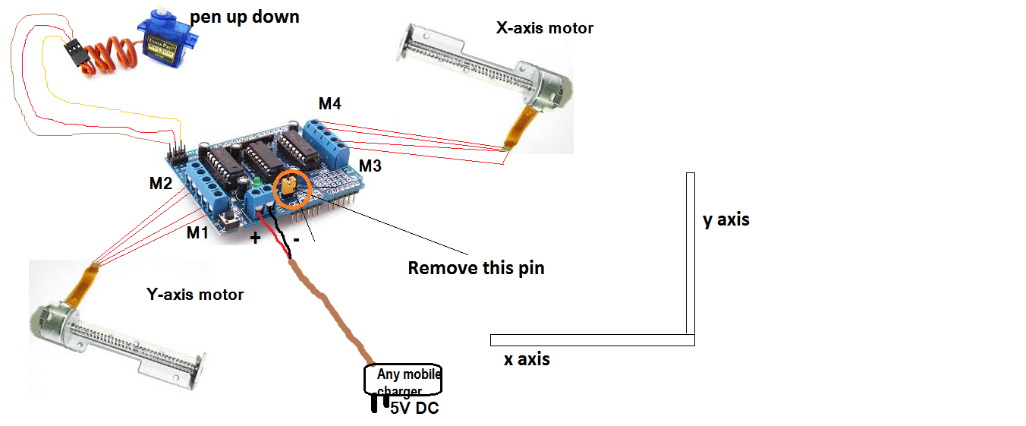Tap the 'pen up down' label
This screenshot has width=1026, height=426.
[244, 16]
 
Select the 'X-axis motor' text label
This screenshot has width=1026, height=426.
[544, 28]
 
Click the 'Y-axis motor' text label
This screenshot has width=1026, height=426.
[194, 294]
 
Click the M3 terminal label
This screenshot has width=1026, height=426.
[370, 165]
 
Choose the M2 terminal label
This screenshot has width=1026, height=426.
[160, 183]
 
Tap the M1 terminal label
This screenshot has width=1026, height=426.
[197, 232]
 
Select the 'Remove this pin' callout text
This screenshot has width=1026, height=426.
[476, 268]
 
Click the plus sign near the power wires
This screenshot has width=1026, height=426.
[255, 238]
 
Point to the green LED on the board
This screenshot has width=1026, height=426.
[258, 183]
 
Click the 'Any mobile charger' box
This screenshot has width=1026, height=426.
[403, 380]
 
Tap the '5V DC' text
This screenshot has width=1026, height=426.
[414, 408]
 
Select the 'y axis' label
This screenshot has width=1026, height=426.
[725, 219]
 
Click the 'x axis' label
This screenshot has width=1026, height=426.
[527, 359]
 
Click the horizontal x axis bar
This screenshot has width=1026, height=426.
[592, 339]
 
